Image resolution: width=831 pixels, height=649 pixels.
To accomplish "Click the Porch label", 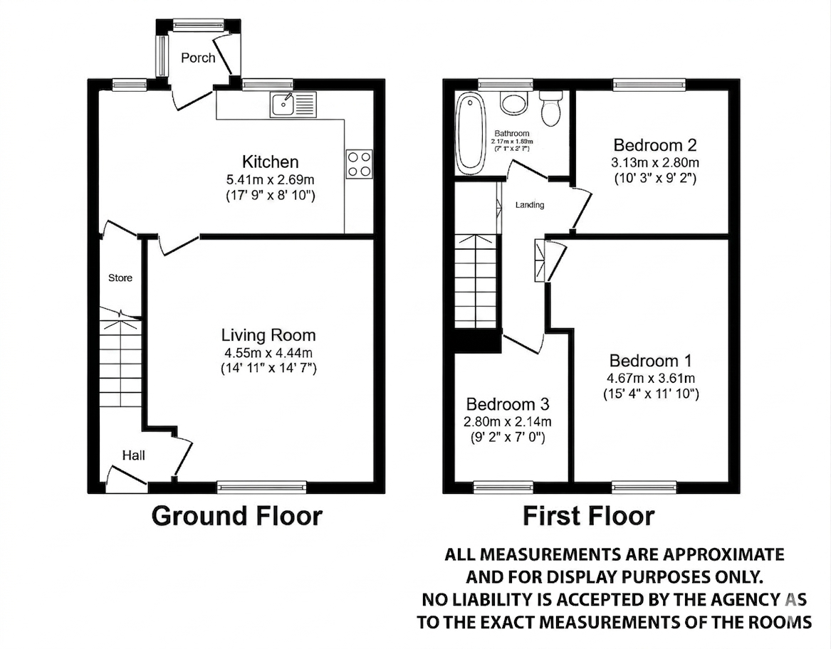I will click(x=198, y=58).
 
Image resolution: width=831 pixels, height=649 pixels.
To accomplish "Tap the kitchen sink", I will click(x=291, y=105).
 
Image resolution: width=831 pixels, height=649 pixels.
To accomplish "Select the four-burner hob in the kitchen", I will click(x=359, y=164).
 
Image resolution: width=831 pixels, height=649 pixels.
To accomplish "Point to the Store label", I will click(x=120, y=278).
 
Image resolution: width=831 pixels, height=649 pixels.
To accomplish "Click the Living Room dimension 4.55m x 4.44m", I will click(x=268, y=352).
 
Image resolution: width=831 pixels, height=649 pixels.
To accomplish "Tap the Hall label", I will click(x=133, y=455).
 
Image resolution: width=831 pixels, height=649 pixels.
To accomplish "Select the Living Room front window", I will click(x=262, y=487).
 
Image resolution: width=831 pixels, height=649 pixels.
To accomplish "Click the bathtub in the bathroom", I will click(x=470, y=133).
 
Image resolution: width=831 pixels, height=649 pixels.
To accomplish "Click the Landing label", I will click(x=530, y=205).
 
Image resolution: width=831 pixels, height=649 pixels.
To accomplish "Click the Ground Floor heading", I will click(x=237, y=515).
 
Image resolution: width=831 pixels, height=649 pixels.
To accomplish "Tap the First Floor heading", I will click(x=588, y=515).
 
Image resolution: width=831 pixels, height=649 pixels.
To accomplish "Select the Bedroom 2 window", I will click(x=650, y=85).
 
